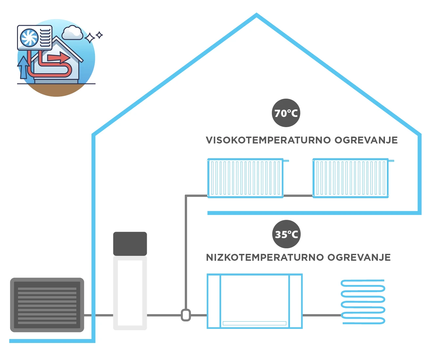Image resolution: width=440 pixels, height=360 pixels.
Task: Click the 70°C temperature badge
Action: click(286, 113)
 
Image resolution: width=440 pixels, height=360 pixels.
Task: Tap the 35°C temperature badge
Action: click(286, 234)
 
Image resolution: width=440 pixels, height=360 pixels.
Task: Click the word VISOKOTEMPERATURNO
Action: click(268, 140)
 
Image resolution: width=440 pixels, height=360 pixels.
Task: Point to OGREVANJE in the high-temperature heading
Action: click(366, 140)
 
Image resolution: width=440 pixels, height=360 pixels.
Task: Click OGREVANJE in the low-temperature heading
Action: click(359, 257)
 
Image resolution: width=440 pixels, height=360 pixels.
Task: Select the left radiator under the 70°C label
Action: click(245, 178)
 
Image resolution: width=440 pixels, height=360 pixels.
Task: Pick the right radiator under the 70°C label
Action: click(351, 178)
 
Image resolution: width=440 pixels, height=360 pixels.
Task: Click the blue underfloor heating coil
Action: click(363, 302)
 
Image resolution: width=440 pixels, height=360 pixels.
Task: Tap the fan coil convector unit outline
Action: click(255, 301)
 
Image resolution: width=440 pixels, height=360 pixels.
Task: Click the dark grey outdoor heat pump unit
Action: click(47, 305)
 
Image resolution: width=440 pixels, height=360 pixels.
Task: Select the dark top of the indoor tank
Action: click(130, 244)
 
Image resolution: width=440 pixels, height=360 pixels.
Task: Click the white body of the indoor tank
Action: click(130, 293)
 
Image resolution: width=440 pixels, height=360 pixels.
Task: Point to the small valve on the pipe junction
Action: click(186, 315)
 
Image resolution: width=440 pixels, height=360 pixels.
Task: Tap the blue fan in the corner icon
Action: click(29, 38)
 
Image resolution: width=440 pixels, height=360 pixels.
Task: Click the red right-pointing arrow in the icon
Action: click(59, 58)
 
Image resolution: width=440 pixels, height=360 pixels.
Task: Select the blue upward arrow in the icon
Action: click(23, 67)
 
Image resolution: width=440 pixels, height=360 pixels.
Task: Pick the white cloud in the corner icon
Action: click(72, 33)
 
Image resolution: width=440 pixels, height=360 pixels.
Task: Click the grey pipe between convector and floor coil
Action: click(322, 315)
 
